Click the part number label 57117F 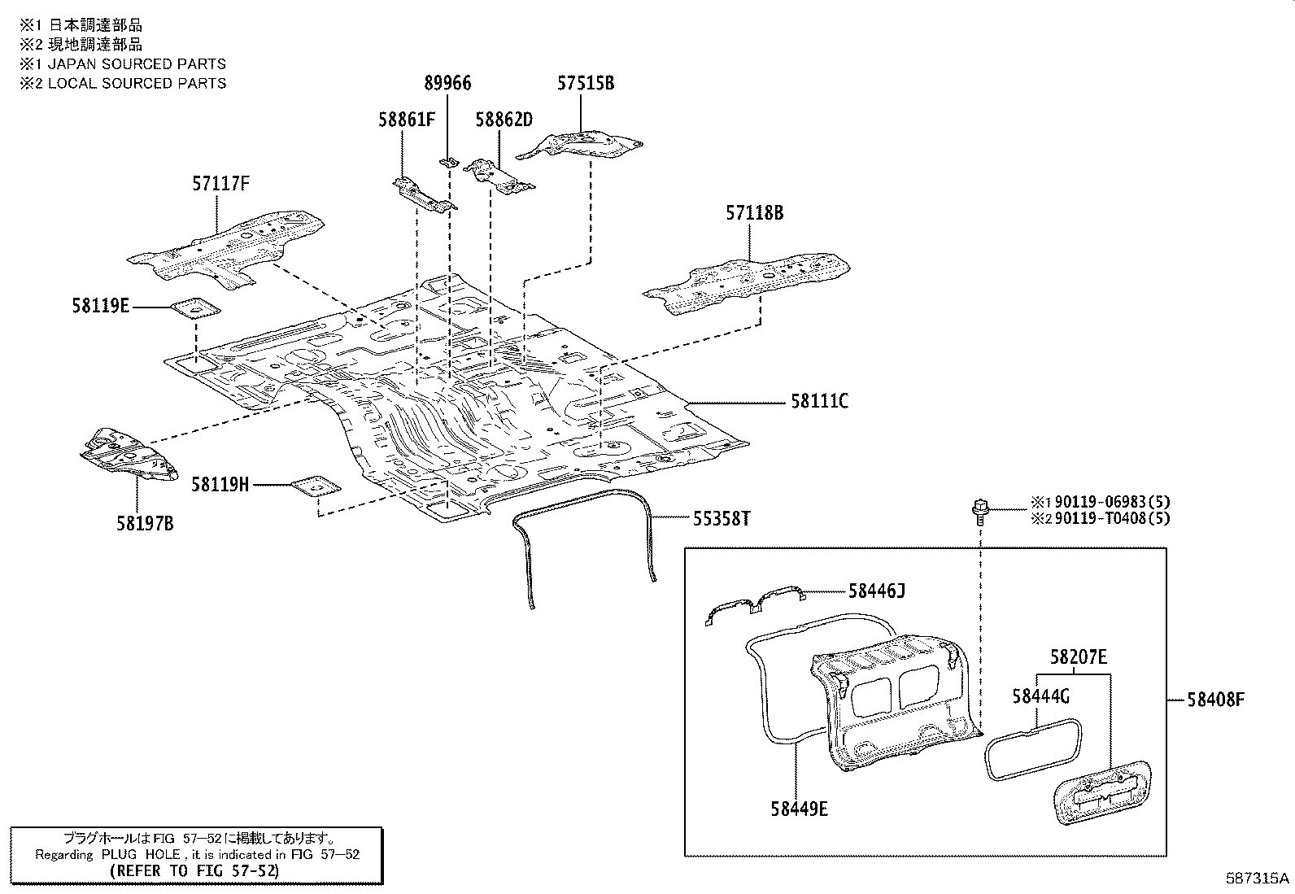click(x=220, y=184)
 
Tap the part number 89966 click(x=447, y=83)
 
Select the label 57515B click(x=586, y=83)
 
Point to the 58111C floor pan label click(x=819, y=401)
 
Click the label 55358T click(x=722, y=519)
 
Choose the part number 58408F click(x=1216, y=700)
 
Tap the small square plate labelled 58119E click(x=195, y=308)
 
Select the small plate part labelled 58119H click(x=316, y=486)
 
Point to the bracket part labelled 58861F click(x=424, y=195)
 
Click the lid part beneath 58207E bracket click(x=1103, y=793)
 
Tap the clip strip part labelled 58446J click(x=754, y=604)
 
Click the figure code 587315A click(x=1257, y=879)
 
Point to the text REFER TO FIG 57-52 click(x=195, y=871)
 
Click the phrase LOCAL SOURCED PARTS click(x=137, y=83)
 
